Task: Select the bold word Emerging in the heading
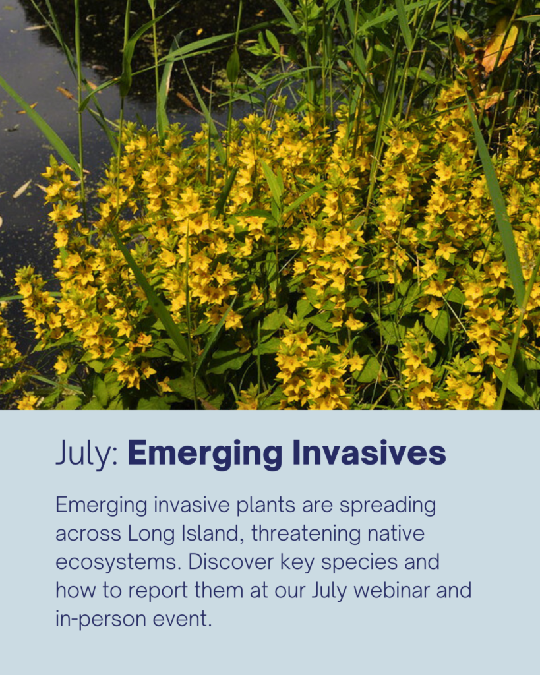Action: [x=205, y=454]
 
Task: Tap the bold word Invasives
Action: [x=369, y=453]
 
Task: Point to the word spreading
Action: [x=388, y=506]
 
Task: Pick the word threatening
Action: [x=306, y=534]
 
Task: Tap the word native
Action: [x=396, y=533]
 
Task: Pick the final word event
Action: [x=183, y=619]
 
